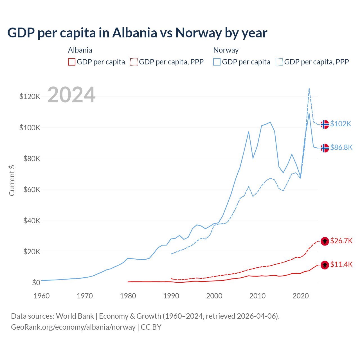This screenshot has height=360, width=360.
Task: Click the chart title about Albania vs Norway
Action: (x=137, y=33)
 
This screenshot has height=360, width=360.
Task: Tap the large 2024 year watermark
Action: (x=71, y=95)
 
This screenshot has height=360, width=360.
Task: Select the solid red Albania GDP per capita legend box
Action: (x=72, y=62)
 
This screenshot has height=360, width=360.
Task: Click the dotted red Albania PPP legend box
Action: (x=134, y=62)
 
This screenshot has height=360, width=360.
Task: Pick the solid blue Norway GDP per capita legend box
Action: (x=217, y=62)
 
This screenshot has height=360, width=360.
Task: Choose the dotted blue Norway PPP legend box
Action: (x=279, y=62)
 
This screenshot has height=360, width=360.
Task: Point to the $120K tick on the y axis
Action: (x=30, y=97)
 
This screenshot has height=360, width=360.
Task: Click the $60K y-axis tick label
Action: (x=32, y=190)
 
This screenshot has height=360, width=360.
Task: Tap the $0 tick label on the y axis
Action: (x=36, y=283)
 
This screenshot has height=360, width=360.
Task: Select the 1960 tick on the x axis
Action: (x=42, y=296)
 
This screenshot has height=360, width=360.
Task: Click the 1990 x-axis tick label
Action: (x=171, y=296)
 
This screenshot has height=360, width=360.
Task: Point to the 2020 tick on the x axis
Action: (x=301, y=296)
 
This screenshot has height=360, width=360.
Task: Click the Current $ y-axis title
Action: (x=12, y=180)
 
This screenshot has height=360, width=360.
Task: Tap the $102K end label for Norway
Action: (x=341, y=124)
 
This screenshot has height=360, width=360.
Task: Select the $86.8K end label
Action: (x=341, y=147)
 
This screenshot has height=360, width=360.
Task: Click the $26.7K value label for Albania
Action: (x=341, y=241)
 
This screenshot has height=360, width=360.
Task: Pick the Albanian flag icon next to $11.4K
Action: (x=325, y=265)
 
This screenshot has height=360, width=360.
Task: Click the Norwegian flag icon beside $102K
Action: (x=325, y=124)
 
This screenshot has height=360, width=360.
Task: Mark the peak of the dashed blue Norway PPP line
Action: (x=309, y=88)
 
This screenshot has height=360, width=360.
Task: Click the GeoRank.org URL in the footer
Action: (x=73, y=327)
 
